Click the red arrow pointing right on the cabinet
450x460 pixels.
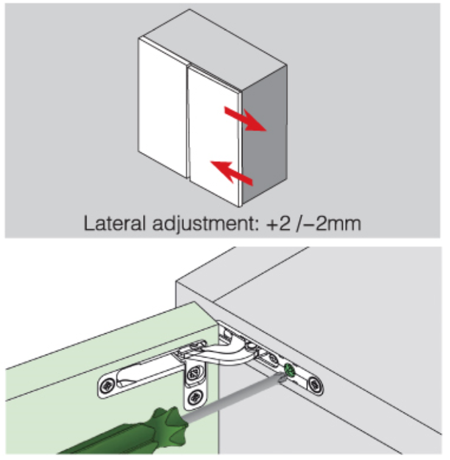(x=243, y=119)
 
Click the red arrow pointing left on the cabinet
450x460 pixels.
(x=231, y=171)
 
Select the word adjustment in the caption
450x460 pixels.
(x=201, y=224)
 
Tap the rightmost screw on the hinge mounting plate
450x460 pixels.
(x=315, y=383)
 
